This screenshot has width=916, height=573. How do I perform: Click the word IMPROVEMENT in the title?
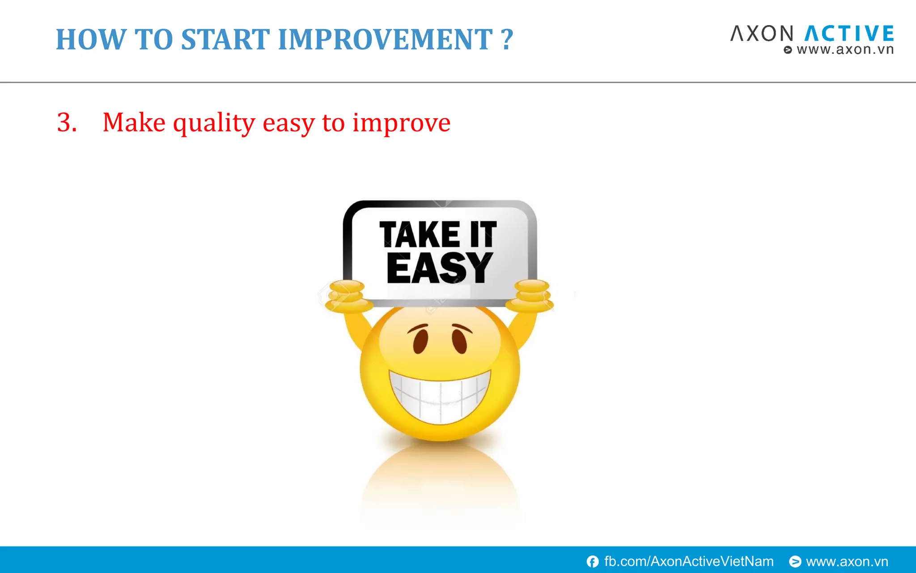385,39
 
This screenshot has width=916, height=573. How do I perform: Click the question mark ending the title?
507,39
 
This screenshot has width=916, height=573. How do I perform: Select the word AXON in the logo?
762,34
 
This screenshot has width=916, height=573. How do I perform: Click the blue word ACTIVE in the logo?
849,34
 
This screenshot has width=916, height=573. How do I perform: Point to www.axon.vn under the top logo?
844,49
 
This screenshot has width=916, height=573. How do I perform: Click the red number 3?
67,122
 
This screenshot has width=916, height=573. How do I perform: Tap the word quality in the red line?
214,123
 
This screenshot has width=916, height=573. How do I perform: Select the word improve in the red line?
401,123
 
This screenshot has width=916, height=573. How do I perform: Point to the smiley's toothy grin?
440,396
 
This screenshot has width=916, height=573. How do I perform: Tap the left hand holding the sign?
348,296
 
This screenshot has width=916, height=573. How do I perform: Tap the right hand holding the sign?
531,295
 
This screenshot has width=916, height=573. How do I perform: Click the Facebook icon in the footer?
593,561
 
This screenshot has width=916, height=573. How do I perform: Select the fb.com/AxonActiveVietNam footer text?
689,561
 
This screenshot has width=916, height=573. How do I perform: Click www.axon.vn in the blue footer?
847,561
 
